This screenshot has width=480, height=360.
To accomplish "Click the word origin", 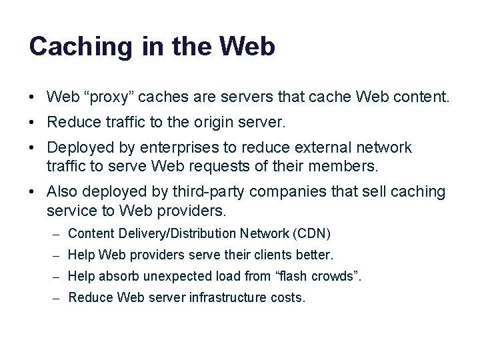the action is [x=209, y=123].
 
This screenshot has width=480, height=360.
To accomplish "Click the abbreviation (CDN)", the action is [x=311, y=233].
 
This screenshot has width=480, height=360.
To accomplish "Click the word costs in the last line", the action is [x=287, y=297].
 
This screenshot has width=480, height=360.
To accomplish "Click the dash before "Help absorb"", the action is [x=58, y=277].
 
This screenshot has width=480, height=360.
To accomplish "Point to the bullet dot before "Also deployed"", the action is [x=32, y=193].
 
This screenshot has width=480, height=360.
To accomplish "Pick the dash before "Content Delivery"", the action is [x=58, y=234].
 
